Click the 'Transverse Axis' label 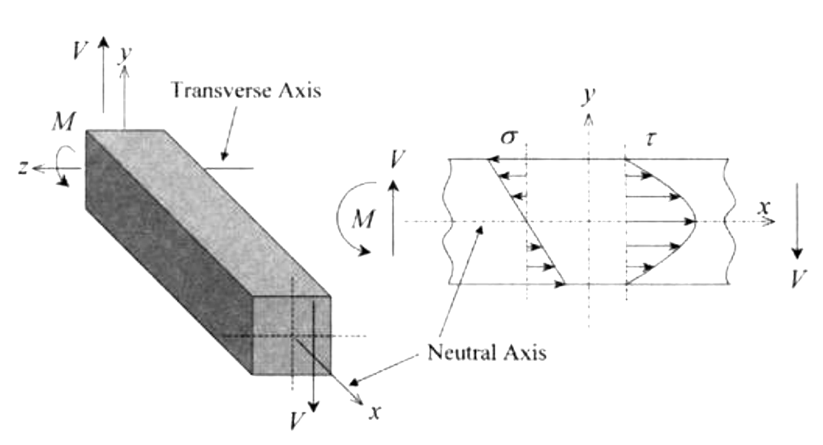[x=246, y=90]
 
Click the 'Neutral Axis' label [x=487, y=353]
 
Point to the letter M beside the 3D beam [x=62, y=122]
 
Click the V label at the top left [x=79, y=50]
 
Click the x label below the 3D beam [x=374, y=412]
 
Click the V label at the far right [x=799, y=280]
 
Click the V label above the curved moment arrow [x=396, y=159]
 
